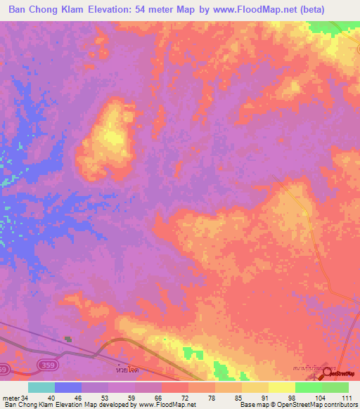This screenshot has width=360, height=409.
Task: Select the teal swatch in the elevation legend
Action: (41, 387)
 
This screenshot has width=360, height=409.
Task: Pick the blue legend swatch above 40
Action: (68, 387)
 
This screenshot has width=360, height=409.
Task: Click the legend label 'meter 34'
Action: (15, 398)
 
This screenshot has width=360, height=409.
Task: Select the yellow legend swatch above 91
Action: (255, 387)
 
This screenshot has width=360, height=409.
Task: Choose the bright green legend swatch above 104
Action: (309, 387)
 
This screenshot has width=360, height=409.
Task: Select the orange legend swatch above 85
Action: (229, 387)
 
